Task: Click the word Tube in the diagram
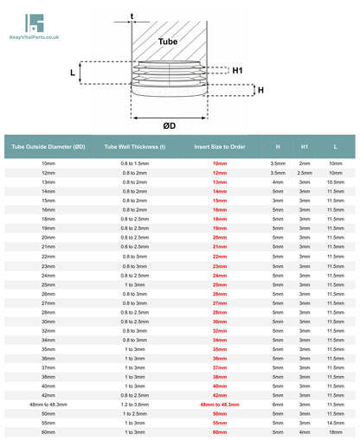(169, 41)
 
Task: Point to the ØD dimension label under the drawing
(170, 125)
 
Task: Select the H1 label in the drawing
(237, 69)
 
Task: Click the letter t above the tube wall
(132, 16)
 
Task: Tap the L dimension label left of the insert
(72, 73)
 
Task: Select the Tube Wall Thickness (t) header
(134, 147)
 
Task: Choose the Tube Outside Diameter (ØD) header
(48, 147)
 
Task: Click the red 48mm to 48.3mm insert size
(220, 404)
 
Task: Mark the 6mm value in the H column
(277, 404)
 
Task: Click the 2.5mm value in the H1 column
(305, 173)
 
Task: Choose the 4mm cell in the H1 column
(305, 431)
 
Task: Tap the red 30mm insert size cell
(220, 321)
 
